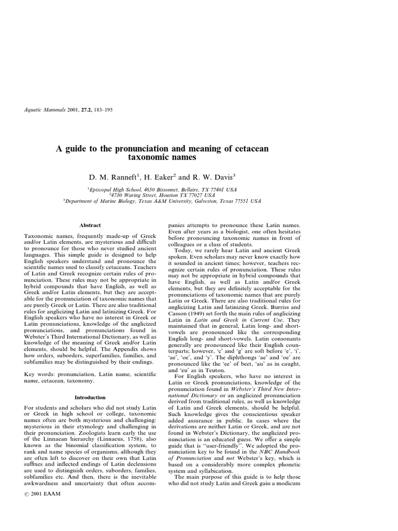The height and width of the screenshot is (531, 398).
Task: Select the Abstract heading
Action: coord(90,226)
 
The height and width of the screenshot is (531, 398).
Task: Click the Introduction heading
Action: coord(90,398)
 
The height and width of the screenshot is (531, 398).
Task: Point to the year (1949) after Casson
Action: coord(196,314)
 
